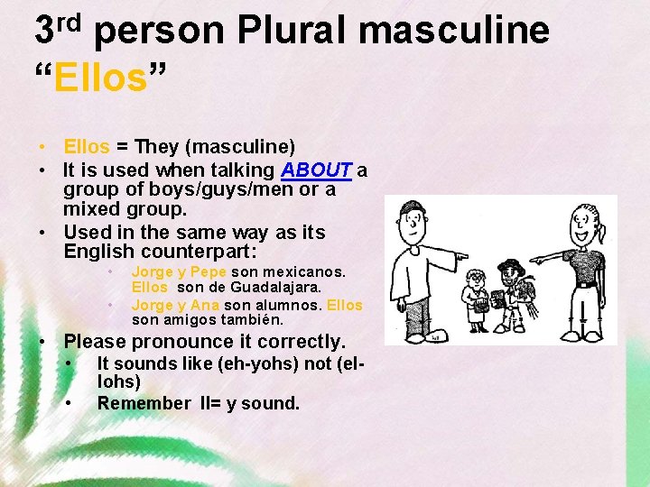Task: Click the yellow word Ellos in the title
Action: tap(99, 78)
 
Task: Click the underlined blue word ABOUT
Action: tap(316, 170)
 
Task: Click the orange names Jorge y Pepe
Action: tap(180, 271)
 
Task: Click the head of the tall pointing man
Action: tap(414, 217)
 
